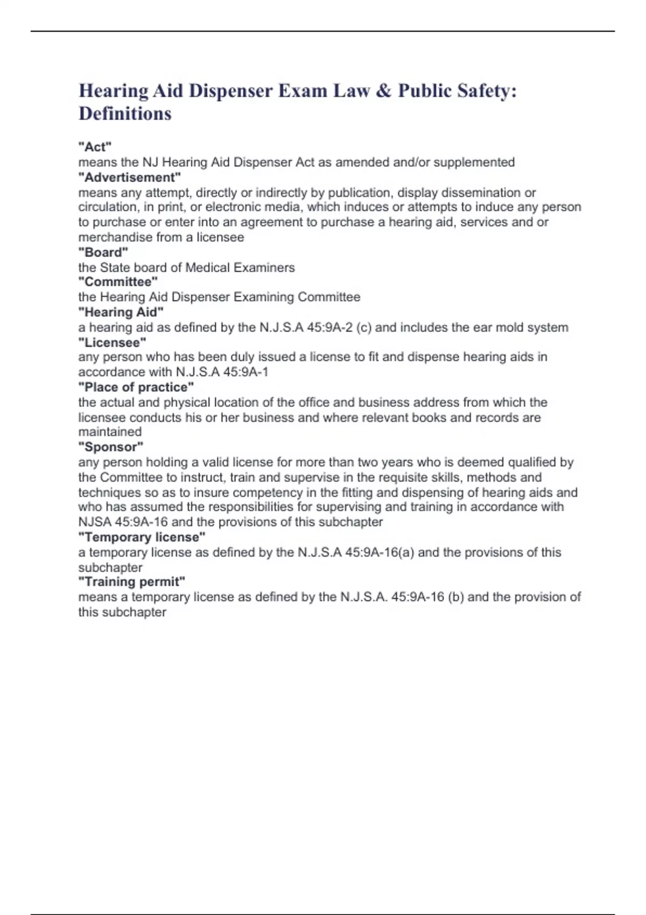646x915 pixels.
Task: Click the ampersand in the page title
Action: (384, 91)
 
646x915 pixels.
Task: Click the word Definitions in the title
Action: (125, 114)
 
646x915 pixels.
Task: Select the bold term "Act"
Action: (95, 147)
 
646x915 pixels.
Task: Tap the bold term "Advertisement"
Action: (129, 178)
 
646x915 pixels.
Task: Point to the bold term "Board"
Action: (103, 252)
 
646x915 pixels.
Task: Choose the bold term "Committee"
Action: (118, 282)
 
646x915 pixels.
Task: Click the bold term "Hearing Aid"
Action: (121, 312)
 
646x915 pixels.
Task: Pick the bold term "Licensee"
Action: (112, 342)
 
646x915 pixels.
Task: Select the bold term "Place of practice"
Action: (136, 387)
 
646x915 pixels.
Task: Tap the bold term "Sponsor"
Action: (111, 447)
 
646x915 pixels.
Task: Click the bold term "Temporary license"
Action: (142, 537)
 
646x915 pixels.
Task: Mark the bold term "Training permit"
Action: (131, 582)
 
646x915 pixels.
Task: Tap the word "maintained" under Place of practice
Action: (110, 432)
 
